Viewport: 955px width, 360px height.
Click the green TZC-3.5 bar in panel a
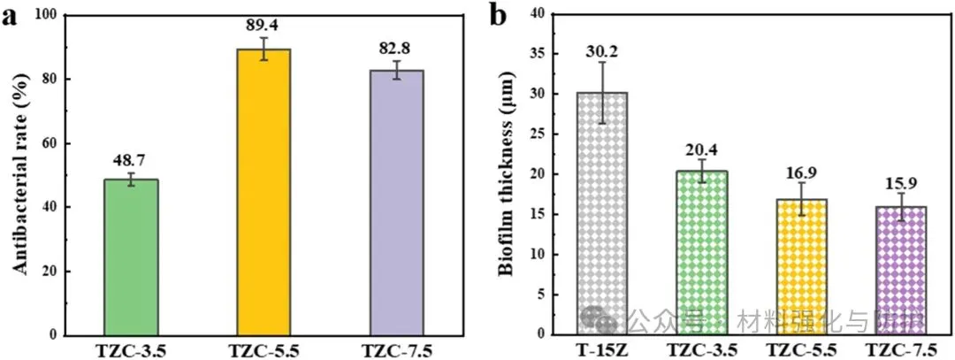(131, 257)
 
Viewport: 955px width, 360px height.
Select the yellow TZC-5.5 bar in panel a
(264, 191)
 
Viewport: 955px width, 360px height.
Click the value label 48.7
(131, 161)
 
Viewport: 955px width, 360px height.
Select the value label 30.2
(602, 51)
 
